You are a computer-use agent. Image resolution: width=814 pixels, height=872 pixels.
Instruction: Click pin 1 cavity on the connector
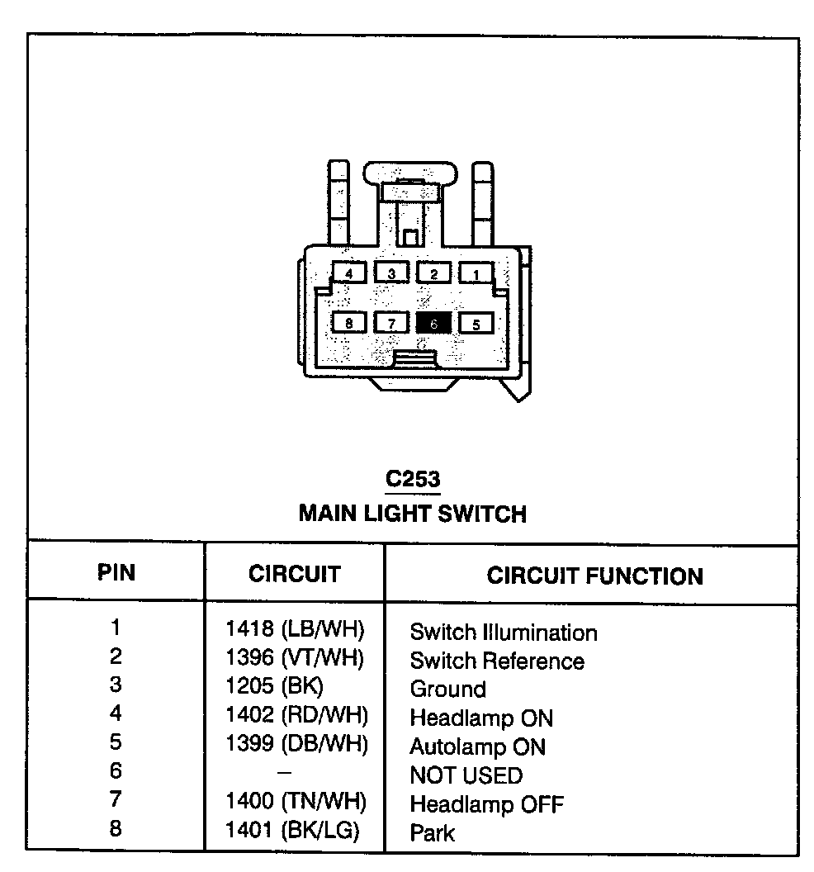[x=476, y=273]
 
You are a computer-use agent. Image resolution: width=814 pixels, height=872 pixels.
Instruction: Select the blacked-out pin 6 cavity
[x=434, y=323]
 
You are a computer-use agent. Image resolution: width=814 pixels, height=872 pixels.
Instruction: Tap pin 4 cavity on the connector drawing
[x=350, y=273]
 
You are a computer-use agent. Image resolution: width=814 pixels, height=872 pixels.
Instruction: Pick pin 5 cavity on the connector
[x=476, y=323]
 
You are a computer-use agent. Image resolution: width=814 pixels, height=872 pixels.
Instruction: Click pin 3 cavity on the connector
[x=392, y=273]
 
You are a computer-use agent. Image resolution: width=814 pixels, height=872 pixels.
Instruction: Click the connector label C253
[x=413, y=480]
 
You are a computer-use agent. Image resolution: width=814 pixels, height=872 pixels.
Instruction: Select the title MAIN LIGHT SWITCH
[x=413, y=514]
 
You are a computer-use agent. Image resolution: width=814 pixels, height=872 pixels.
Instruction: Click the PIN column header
[x=116, y=573]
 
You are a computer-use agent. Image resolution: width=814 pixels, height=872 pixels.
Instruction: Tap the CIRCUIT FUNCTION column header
[x=594, y=576]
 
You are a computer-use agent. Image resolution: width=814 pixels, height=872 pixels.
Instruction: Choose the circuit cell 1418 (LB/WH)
[x=295, y=630]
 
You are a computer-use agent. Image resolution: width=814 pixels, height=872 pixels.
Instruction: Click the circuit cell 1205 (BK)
[x=275, y=687]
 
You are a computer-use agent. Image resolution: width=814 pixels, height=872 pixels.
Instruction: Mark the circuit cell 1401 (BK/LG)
[x=292, y=831]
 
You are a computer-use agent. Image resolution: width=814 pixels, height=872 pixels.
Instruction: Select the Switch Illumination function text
[x=504, y=633]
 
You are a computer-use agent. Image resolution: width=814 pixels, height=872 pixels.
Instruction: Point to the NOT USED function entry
[x=466, y=775]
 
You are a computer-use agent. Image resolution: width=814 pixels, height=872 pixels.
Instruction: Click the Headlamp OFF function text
[x=487, y=803]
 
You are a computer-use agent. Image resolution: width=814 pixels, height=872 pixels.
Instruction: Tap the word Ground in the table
[x=448, y=689]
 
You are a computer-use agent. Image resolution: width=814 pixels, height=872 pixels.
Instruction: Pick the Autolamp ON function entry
[x=478, y=746]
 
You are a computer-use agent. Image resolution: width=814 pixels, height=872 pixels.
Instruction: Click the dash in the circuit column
[x=285, y=772]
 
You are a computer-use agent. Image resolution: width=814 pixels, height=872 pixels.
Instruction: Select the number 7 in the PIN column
[x=116, y=799]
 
